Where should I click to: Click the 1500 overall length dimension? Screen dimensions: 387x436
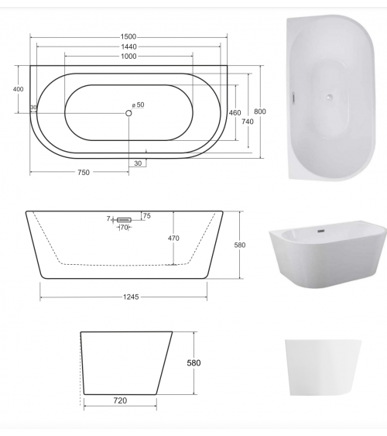(x=128, y=36)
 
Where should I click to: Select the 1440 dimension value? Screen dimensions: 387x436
(x=128, y=46)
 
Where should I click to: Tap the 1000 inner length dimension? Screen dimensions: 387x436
(x=128, y=57)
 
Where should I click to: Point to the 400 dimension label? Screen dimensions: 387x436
(x=18, y=89)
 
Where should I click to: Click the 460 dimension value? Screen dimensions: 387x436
(x=235, y=112)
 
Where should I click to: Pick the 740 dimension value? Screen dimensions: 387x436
(x=248, y=122)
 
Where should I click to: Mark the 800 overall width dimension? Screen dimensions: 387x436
(x=260, y=112)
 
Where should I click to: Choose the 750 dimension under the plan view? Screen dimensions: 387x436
(x=84, y=173)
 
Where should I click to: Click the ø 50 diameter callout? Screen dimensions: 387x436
(x=139, y=105)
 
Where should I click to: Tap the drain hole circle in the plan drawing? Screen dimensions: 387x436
(x=128, y=113)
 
